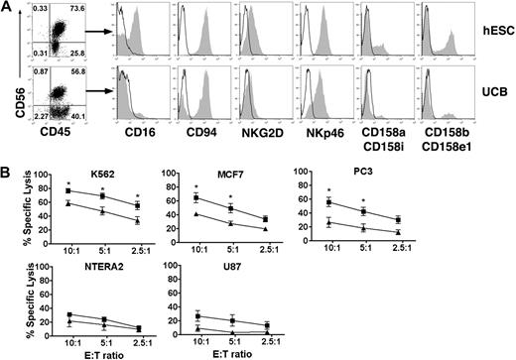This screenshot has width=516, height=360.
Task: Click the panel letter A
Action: [x=9, y=9]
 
